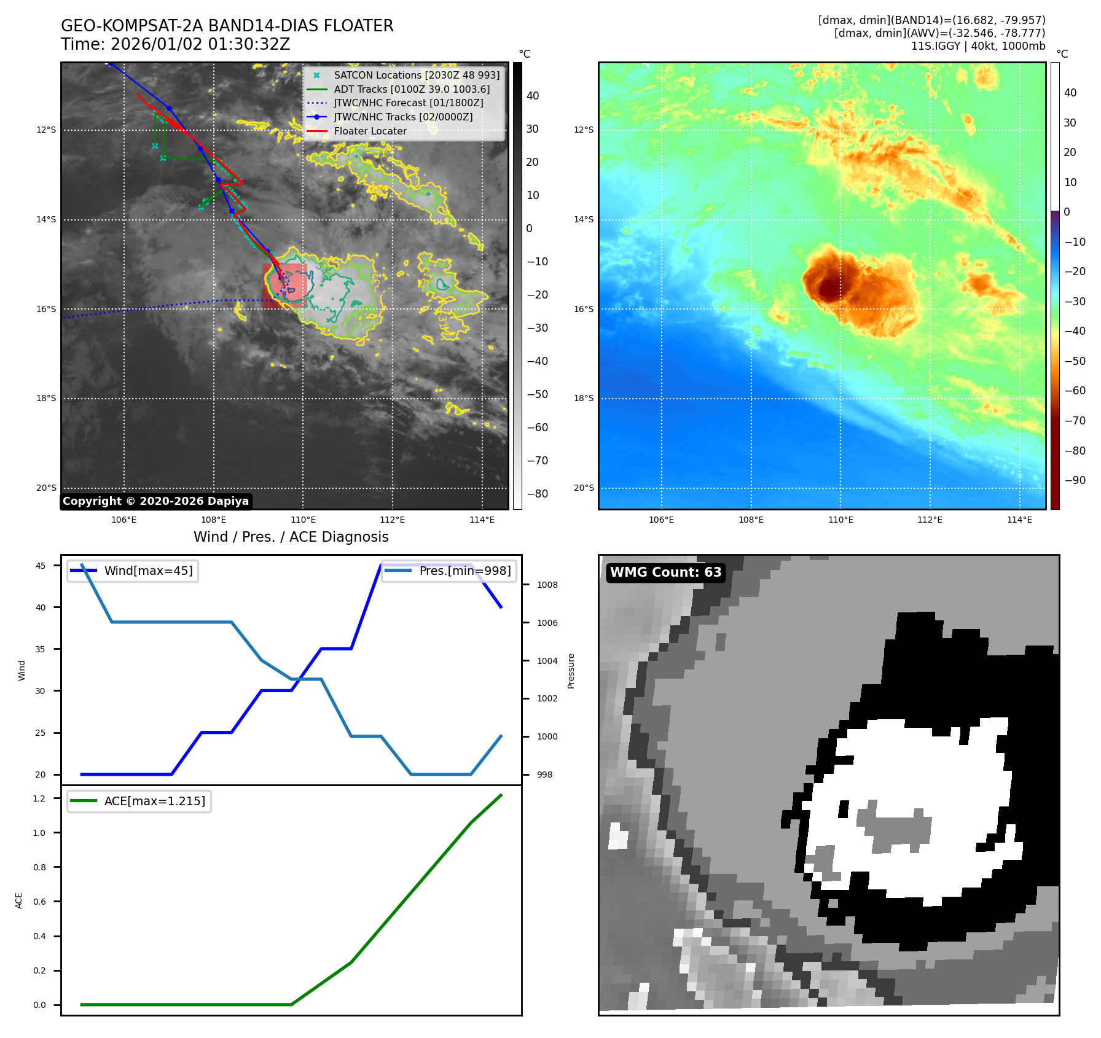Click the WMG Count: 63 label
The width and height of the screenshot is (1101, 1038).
[665, 572]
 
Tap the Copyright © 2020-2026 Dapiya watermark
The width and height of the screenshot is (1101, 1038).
[155, 501]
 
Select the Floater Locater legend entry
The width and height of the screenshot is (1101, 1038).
[370, 131]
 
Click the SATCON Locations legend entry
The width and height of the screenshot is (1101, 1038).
[417, 76]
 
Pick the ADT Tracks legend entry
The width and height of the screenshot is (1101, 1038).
[412, 90]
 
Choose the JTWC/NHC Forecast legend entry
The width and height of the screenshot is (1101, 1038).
[408, 103]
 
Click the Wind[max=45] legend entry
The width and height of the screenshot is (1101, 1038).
[148, 571]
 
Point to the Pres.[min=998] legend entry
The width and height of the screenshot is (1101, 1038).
[464, 571]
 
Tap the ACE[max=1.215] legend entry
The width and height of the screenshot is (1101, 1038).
[154, 802]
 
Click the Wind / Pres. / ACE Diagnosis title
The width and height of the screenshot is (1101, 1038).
[291, 537]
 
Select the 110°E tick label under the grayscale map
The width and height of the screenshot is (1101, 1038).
[303, 520]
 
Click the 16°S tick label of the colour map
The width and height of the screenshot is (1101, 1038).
[584, 310]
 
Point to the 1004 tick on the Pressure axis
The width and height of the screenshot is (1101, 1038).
[547, 661]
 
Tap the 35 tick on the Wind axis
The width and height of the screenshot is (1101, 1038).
[40, 649]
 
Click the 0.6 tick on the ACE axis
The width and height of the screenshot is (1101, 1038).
[39, 902]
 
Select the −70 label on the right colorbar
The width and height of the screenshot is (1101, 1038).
[1075, 421]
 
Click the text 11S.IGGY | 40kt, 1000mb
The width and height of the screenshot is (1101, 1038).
[978, 46]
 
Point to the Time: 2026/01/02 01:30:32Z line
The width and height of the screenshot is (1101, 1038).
[175, 45]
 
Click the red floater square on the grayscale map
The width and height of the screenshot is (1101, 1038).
[284, 285]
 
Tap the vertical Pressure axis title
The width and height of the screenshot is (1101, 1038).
[571, 671]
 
